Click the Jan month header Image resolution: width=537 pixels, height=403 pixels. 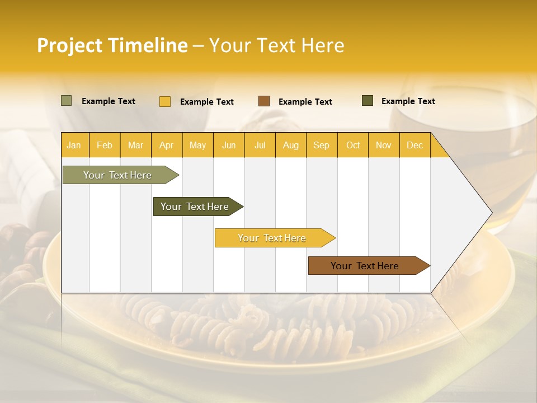74,145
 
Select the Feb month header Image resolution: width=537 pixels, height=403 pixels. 105,145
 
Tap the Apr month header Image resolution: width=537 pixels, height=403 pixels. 166,145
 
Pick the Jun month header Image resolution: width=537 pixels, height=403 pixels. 229,145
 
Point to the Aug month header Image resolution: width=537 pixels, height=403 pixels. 290,145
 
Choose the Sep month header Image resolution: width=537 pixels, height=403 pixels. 321,145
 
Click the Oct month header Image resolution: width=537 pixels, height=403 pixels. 353,145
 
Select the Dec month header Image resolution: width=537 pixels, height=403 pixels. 414,145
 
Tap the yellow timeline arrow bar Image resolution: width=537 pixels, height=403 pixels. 272,238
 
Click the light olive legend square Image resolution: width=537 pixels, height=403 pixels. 67,101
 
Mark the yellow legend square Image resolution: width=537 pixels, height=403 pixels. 165,101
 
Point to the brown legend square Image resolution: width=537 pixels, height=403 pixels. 264,101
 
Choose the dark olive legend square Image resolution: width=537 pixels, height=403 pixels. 368,101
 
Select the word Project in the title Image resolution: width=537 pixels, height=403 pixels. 69,45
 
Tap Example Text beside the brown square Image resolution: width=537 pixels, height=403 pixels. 305,102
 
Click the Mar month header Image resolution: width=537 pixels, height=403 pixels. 135,145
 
